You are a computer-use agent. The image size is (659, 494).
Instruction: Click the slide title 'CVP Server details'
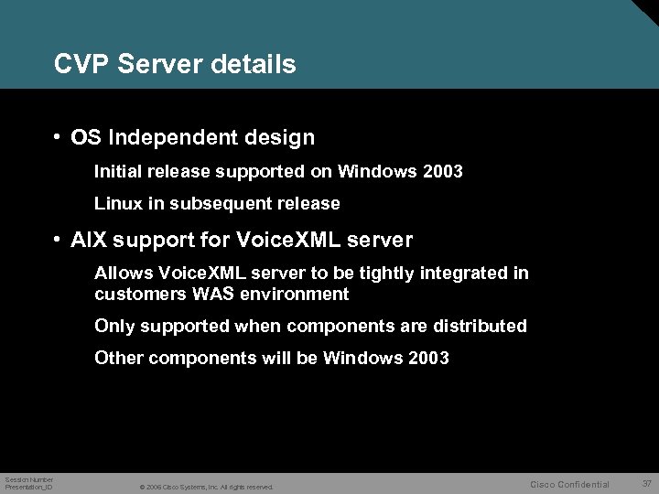(175, 64)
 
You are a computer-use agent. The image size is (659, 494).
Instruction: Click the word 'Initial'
(118, 171)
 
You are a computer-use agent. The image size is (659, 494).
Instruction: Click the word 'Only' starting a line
(113, 326)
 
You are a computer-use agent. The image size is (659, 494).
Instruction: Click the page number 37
(646, 483)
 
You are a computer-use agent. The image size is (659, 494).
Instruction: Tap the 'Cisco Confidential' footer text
(569, 484)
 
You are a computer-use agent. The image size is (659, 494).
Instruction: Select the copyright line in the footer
(206, 487)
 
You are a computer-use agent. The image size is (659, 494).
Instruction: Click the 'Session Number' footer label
(29, 479)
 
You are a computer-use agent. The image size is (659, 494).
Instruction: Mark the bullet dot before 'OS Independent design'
(57, 137)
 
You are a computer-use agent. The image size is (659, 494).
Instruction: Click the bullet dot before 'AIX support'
(57, 240)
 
